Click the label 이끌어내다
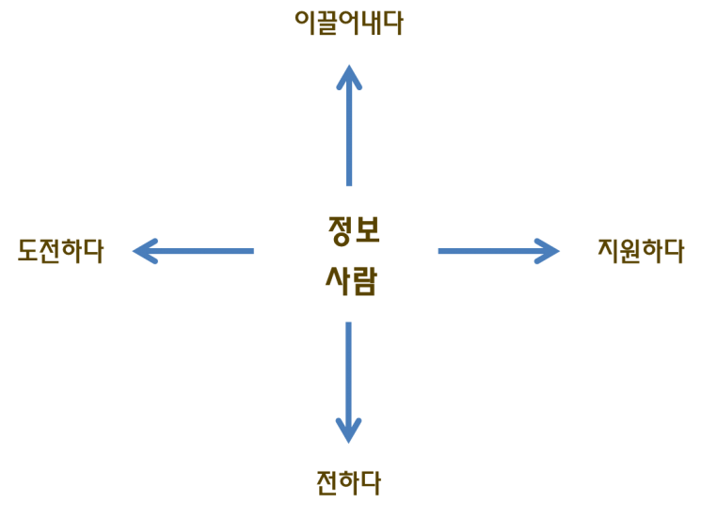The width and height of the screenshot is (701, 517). [x=349, y=22]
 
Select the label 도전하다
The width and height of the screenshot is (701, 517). [x=60, y=251]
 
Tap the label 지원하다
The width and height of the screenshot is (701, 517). [x=641, y=251]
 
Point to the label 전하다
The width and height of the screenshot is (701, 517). [x=349, y=483]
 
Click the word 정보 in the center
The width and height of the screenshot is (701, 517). [x=353, y=229]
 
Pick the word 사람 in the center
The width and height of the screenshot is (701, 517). [x=351, y=280]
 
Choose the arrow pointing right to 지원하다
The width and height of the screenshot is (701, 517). [x=498, y=251]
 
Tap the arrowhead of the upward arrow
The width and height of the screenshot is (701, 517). [x=349, y=75]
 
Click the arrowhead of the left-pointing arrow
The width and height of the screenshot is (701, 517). [x=143, y=251]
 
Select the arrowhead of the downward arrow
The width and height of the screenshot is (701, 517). [x=349, y=431]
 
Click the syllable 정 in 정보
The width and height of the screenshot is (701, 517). [x=339, y=229]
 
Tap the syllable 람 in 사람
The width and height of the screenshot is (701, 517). [x=364, y=280]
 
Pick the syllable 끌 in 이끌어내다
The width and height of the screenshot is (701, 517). [x=326, y=22]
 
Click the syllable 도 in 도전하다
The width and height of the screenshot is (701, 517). [x=27, y=251]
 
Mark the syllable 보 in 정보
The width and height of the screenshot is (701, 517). [x=367, y=229]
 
